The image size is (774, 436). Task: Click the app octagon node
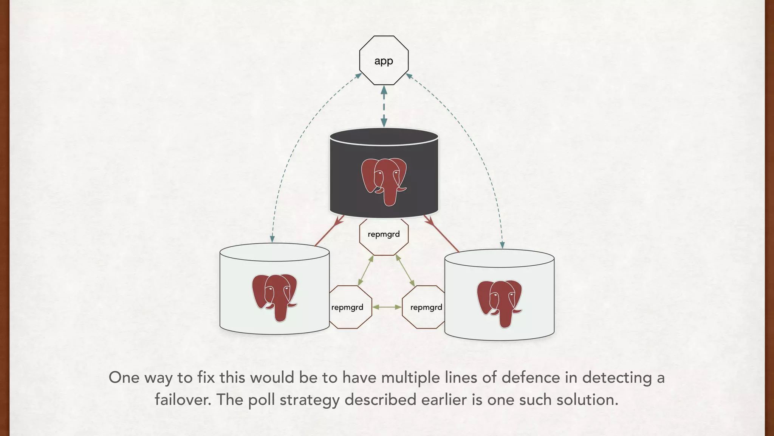point(384,61)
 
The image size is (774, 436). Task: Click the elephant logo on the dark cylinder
point(384,181)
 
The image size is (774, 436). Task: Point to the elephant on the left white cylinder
point(275,297)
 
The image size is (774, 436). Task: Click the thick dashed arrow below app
point(384,106)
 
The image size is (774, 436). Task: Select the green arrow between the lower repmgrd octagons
point(387,307)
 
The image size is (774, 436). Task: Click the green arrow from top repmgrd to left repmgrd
point(366,271)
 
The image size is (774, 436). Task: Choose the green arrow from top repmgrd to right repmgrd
point(405,271)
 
